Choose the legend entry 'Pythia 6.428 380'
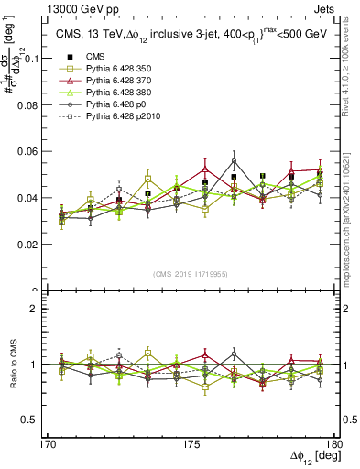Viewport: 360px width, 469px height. point(115,93)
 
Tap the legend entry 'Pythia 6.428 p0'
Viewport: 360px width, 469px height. point(113,105)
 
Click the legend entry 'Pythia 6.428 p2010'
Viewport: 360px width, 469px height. point(119,117)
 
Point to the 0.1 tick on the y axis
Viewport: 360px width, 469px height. point(39,58)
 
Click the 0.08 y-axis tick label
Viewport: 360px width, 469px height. point(36,104)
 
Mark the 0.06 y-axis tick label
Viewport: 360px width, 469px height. point(36,151)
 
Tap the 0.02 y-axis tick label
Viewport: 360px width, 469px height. point(36,245)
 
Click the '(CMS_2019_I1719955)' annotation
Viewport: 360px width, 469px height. point(190,273)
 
